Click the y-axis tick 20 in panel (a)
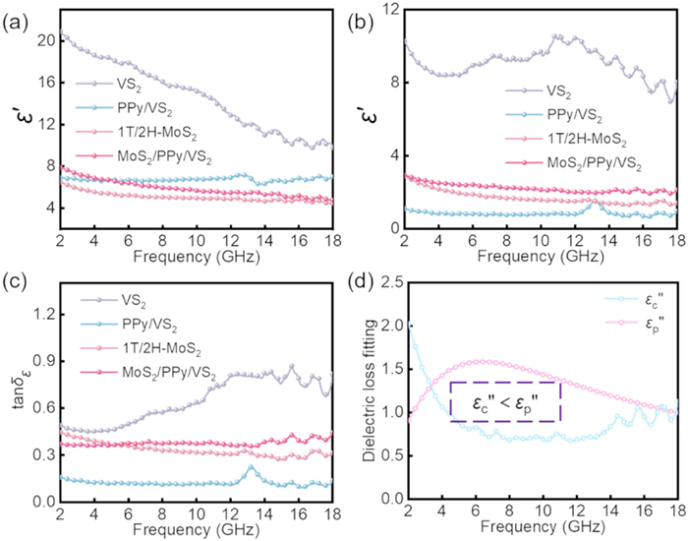click(43, 40)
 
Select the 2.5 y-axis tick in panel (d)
click(386, 282)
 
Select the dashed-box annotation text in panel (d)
click(504, 401)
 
